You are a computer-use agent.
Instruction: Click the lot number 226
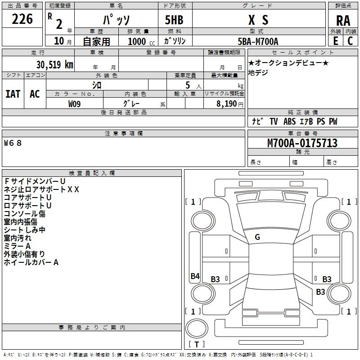22,19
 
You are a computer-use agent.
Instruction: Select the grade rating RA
343,21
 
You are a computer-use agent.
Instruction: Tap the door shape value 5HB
174,20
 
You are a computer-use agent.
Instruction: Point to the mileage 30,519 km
55,65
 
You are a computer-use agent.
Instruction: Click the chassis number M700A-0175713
302,143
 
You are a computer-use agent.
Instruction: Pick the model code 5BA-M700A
258,41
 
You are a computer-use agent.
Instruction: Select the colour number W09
74,104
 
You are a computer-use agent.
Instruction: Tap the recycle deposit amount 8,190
226,104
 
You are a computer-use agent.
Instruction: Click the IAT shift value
13,94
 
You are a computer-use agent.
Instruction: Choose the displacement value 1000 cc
141,41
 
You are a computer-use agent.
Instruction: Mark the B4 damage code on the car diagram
195,276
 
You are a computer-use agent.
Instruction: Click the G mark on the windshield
257,237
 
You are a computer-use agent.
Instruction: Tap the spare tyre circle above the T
197,328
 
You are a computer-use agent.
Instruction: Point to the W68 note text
13,143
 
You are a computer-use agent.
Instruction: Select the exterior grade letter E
336,41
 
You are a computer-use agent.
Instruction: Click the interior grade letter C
350,41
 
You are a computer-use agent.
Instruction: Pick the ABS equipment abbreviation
289,121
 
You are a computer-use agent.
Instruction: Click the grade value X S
258,20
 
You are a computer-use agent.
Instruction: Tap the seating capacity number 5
188,85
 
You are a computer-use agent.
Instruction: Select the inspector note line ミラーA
17,246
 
